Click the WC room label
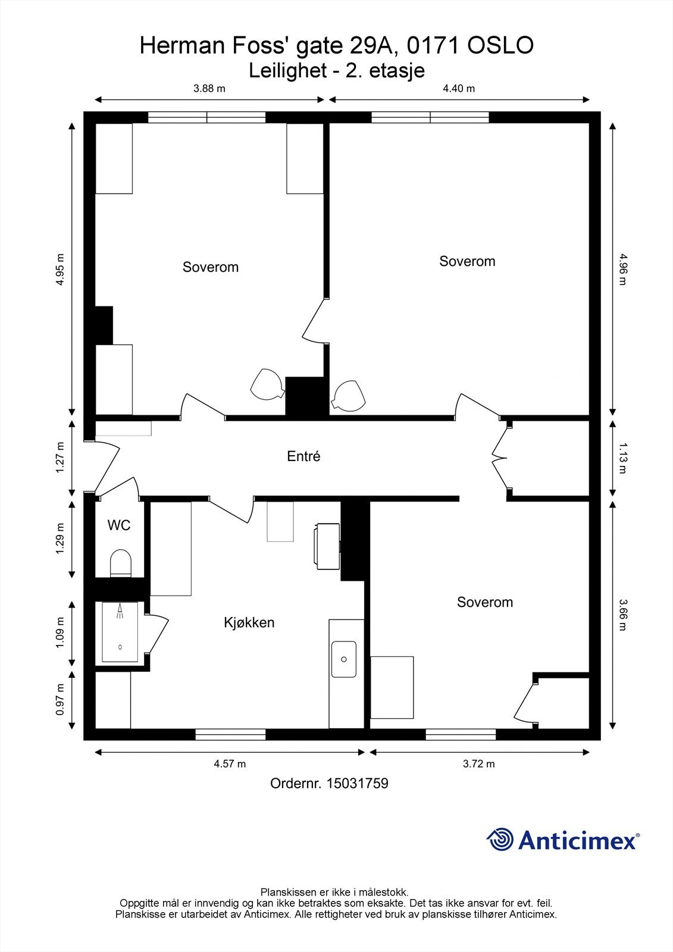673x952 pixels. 118,525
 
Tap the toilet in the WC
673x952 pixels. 121,563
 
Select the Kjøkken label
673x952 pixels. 249,622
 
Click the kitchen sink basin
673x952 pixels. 344,659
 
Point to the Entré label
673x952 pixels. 303,456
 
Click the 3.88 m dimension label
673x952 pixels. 209,89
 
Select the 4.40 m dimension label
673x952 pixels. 459,89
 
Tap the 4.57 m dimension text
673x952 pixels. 230,764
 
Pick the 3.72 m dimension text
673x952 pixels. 478,764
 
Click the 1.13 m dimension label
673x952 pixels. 623,458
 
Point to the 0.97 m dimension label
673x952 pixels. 60,700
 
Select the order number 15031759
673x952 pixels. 357,783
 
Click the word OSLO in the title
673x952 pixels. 500,45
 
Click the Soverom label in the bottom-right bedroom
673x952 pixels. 484,602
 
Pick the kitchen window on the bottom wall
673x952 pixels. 230,734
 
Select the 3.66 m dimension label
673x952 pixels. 623,615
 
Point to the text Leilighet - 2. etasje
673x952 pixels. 337,71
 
